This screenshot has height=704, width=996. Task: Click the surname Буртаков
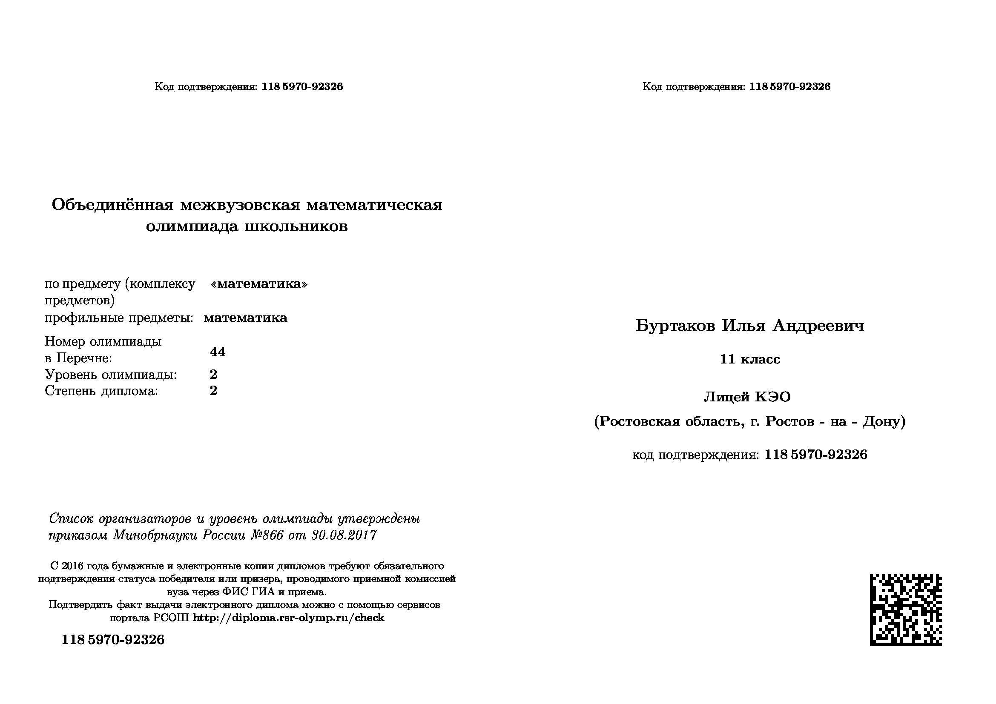point(675,325)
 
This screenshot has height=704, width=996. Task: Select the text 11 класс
point(749,359)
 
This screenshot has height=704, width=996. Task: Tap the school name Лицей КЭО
point(747,397)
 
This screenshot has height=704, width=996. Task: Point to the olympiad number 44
point(217,352)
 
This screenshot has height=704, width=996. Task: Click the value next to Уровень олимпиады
point(213,374)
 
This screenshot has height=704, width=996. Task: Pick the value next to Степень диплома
point(213,391)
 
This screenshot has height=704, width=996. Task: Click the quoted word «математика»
point(258,284)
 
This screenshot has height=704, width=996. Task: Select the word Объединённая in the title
point(112,204)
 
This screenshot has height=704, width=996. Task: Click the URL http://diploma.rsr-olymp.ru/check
point(288,618)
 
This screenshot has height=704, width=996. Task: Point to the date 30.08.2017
point(344,535)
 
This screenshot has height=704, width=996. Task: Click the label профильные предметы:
point(119,318)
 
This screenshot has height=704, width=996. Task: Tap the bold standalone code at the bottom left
point(113,640)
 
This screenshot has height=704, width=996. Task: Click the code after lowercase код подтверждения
point(815,454)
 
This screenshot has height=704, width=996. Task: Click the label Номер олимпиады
point(103,342)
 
